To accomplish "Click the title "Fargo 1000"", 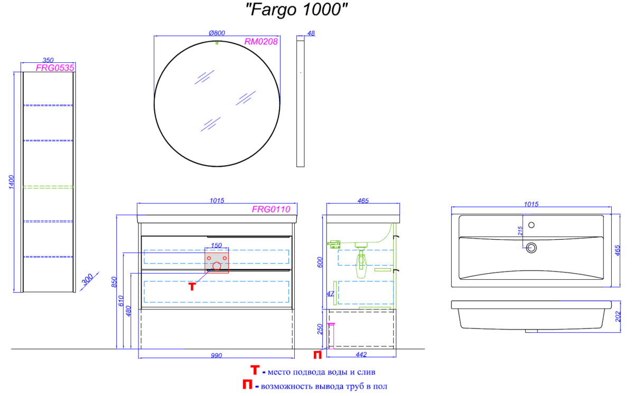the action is click(296, 10).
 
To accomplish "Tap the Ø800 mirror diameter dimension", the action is click(217, 33).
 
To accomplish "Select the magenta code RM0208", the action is click(260, 42).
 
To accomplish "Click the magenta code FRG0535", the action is click(55, 68).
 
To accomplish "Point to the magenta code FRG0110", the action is click(271, 209).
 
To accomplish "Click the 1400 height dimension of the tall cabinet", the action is click(11, 182).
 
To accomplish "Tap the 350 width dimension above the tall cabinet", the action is click(48, 60).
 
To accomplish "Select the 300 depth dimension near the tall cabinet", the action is click(87, 279).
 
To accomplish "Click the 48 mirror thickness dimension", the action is click(311, 33).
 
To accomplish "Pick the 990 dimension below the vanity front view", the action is click(217, 355).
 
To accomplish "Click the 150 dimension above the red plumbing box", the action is click(217, 246).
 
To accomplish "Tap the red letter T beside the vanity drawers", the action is click(192, 287).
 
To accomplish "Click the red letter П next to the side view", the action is click(318, 355).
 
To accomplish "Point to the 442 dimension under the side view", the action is click(361, 354).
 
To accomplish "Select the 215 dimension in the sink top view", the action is click(520, 231).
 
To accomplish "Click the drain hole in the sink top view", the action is click(532, 248).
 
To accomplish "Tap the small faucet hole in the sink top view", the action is click(532, 225).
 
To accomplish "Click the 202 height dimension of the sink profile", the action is click(618, 316).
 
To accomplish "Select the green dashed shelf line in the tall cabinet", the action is click(48, 187).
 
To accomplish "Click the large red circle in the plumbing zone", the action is click(217, 266).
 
